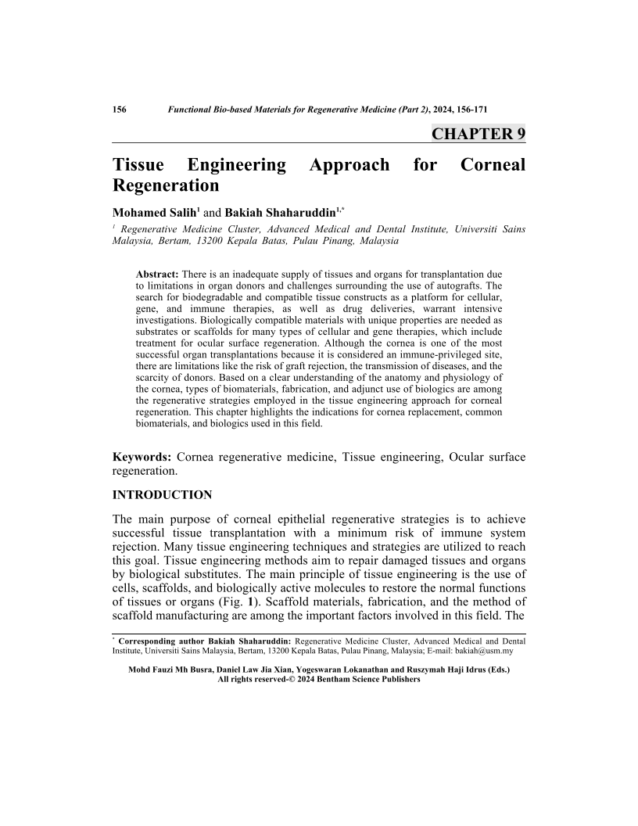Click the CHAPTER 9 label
[478, 134]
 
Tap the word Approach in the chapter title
[349, 165]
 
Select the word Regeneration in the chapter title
[166, 186]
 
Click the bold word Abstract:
[158, 275]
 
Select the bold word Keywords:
[142, 457]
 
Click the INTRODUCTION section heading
[163, 495]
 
